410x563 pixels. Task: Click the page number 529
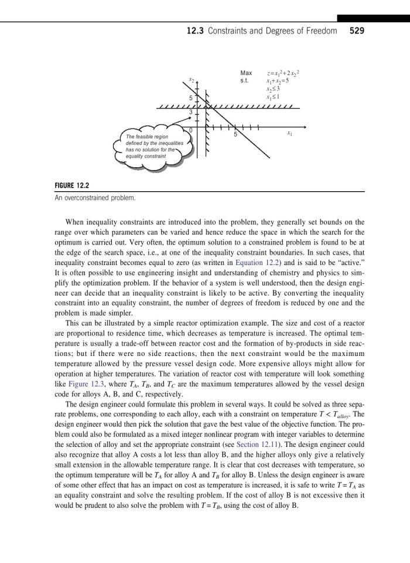[x=357, y=31]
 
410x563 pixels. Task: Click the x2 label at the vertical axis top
[x=191, y=80]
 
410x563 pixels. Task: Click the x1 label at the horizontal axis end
[x=289, y=134]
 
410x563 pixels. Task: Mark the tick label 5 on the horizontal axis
[x=235, y=135]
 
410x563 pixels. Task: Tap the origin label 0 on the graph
[x=190, y=129]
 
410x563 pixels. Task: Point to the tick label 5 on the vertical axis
[x=190, y=97]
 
